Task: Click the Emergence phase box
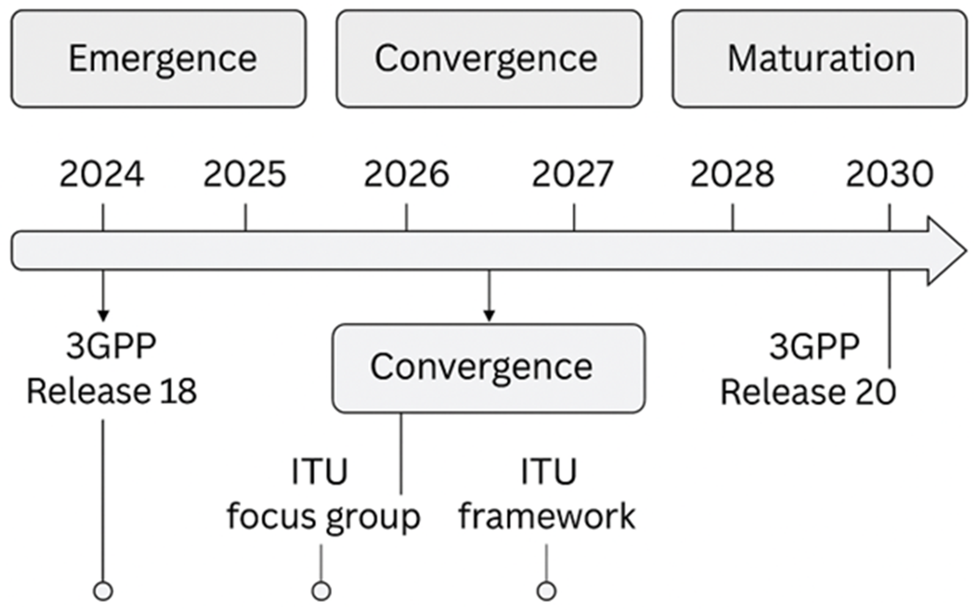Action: point(158,59)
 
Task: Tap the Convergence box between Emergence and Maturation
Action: point(489,59)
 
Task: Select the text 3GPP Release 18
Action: point(111,369)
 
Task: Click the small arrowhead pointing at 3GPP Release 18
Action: point(103,315)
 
